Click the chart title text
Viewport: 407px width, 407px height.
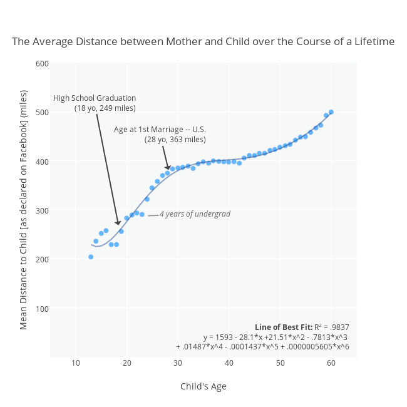pos(203,42)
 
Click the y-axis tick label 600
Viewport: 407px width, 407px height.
pos(42,63)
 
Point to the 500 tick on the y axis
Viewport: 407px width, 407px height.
pos(42,112)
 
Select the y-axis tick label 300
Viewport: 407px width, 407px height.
pos(42,210)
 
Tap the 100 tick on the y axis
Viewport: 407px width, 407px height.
pos(42,308)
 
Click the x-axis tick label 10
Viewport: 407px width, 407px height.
pos(76,364)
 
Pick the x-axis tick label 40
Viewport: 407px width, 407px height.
pos(229,364)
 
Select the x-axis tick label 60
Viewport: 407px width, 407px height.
pos(331,364)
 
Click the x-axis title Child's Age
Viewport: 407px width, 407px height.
pos(203,386)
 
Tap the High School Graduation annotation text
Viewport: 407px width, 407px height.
pos(95,98)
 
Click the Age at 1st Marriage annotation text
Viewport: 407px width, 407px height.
pos(160,130)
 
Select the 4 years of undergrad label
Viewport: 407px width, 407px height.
pos(195,214)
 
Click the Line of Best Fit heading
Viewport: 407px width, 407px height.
pos(284,327)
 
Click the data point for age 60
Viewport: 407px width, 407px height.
pos(331,112)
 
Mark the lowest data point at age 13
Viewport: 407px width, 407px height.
pos(91,257)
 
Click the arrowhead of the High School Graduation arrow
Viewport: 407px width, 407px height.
pos(118,222)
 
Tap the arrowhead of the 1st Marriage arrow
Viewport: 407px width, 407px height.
pos(167,167)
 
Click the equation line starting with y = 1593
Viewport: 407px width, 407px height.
pos(275,337)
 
